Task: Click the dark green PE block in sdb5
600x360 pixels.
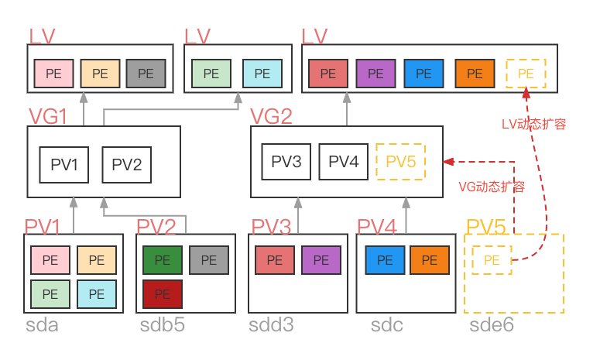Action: pyautogui.click(x=163, y=261)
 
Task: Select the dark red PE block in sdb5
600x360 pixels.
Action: pyautogui.click(x=163, y=294)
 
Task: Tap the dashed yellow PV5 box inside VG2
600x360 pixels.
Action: pyautogui.click(x=400, y=162)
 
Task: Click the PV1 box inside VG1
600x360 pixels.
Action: pyautogui.click(x=65, y=164)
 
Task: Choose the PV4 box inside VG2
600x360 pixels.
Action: pyautogui.click(x=343, y=162)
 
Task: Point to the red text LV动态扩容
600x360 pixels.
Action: pyautogui.click(x=534, y=124)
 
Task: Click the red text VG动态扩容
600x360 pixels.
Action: pyautogui.click(x=492, y=187)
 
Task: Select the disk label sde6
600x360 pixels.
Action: pyautogui.click(x=492, y=325)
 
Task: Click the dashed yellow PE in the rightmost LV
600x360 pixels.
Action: pyautogui.click(x=526, y=74)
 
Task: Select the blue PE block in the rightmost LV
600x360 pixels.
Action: pyautogui.click(x=423, y=74)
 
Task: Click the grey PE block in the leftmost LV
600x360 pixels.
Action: pyautogui.click(x=146, y=74)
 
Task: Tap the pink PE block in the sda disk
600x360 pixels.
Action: pyautogui.click(x=50, y=261)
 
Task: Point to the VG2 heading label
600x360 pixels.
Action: pyautogui.click(x=271, y=117)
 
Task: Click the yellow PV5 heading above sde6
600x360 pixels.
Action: pyautogui.click(x=486, y=227)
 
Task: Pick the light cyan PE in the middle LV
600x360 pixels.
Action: pyautogui.click(x=262, y=74)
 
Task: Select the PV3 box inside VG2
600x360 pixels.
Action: pyautogui.click(x=286, y=162)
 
